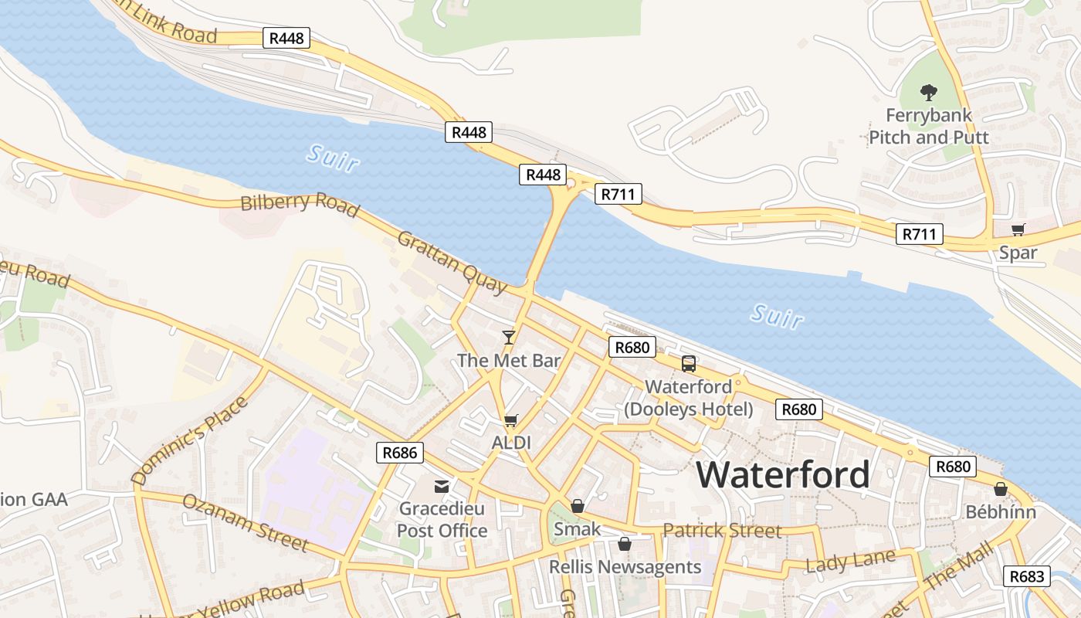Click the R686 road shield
(400, 453)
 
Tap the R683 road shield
(1027, 576)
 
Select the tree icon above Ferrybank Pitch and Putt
(928, 93)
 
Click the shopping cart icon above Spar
(1018, 229)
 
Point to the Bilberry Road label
(300, 204)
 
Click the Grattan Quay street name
(452, 263)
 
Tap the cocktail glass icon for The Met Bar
(508, 337)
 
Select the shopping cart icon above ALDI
(510, 421)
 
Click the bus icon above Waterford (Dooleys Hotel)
(688, 364)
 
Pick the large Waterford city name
(783, 474)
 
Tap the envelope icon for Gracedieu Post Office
(442, 487)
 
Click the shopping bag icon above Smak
(577, 507)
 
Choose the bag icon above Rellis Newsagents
(625, 545)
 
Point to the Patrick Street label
(722, 531)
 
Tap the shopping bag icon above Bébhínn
(1000, 489)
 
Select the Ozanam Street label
(245, 523)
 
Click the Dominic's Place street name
(190, 441)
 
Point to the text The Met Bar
(509, 360)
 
